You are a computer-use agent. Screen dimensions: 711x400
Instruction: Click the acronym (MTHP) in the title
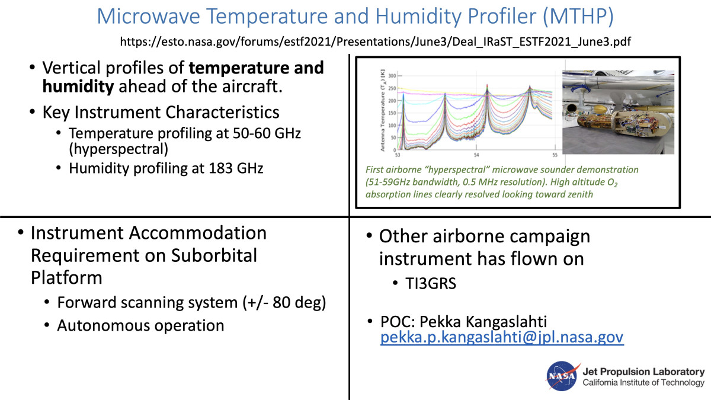click(578, 16)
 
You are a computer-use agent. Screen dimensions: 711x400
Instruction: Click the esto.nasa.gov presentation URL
click(376, 41)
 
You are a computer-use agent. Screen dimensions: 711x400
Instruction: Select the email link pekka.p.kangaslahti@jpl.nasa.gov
click(502, 337)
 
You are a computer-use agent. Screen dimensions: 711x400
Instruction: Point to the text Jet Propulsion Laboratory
click(643, 372)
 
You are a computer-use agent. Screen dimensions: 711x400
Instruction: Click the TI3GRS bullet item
click(430, 283)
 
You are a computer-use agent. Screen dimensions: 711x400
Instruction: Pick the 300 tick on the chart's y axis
click(392, 76)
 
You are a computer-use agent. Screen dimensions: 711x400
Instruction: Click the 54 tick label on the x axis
click(476, 155)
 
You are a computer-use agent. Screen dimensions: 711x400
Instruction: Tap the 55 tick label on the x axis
click(555, 155)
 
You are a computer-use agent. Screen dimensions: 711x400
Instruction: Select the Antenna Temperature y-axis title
click(383, 110)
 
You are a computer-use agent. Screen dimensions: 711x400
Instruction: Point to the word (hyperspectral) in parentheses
click(118, 149)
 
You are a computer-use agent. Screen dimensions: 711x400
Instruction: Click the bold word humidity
click(78, 87)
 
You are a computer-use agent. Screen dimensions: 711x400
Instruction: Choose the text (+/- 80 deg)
click(284, 303)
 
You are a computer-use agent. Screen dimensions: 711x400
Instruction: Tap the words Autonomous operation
click(140, 325)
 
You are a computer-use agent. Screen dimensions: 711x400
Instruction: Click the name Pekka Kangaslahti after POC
click(483, 322)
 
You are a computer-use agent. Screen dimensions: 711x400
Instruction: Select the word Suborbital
click(214, 255)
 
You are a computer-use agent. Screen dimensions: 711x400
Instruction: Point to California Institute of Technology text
click(643, 383)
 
